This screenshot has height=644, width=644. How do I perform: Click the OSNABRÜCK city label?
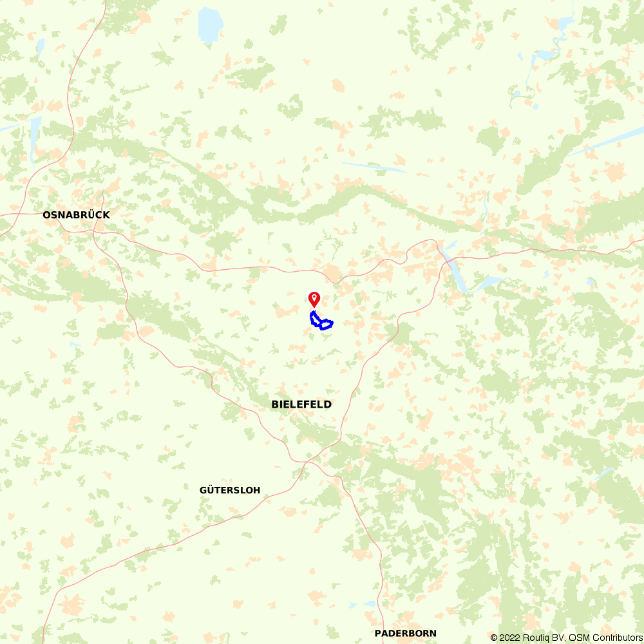tap(76, 215)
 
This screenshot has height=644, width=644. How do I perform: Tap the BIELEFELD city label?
tap(301, 404)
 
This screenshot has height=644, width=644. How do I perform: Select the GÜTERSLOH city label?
tap(230, 490)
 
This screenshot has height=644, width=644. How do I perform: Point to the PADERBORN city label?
tap(405, 633)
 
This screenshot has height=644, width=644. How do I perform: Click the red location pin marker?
tap(314, 299)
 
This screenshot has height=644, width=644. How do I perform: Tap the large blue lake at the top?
tap(210, 24)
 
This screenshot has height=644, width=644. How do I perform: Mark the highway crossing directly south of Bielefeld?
tap(308, 461)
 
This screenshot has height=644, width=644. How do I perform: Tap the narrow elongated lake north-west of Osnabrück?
tap(33, 138)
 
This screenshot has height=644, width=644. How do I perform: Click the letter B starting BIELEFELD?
tap(275, 404)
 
